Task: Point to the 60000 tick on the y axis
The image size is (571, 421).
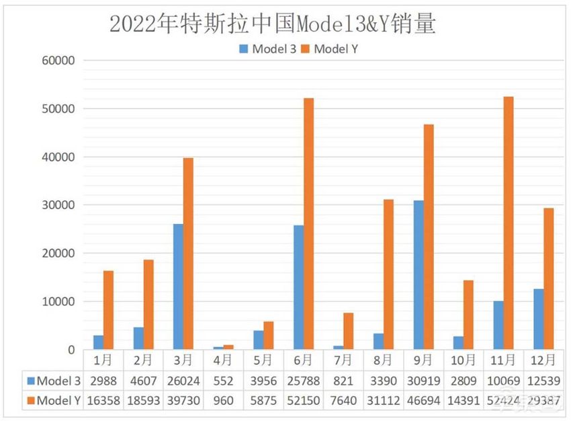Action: coord(59,61)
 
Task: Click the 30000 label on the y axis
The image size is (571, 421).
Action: coord(59,205)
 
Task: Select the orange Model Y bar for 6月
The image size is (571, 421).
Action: coord(308,224)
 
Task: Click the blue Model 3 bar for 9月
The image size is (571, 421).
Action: coord(419,275)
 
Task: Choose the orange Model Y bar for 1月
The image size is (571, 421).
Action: coord(108,310)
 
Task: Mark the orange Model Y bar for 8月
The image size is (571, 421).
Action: coord(388,274)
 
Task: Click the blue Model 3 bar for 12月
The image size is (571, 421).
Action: coord(539,319)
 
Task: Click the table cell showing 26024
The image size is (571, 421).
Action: coord(183,380)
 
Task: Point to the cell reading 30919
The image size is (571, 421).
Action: coord(423,380)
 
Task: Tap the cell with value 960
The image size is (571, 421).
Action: coord(223,401)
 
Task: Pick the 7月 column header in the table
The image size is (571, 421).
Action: coord(343,360)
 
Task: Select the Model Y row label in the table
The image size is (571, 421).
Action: coord(53,401)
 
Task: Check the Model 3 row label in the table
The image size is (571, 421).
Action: coord(53,380)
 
